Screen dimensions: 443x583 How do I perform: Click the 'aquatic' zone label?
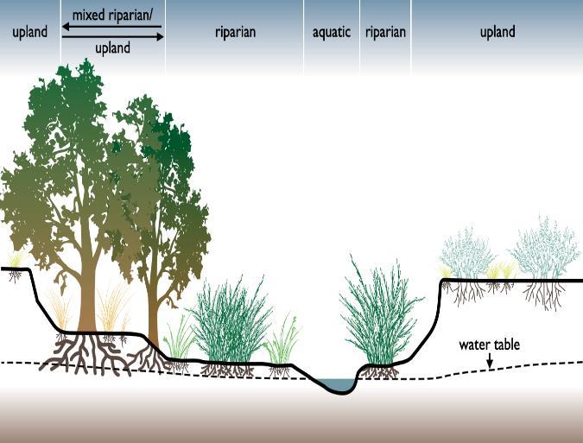click(332, 33)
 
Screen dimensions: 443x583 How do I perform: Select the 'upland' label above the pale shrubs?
click(497, 33)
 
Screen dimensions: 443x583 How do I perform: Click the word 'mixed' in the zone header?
click(88, 15)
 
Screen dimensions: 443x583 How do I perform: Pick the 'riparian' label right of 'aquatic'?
click(385, 33)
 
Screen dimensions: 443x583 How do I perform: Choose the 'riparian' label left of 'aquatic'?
click(235, 33)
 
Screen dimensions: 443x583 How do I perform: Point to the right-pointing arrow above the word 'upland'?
click(157, 36)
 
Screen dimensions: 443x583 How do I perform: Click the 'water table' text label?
click(489, 345)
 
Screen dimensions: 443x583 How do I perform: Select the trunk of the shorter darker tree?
click(154, 311)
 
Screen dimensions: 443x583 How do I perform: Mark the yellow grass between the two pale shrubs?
click(500, 270)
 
